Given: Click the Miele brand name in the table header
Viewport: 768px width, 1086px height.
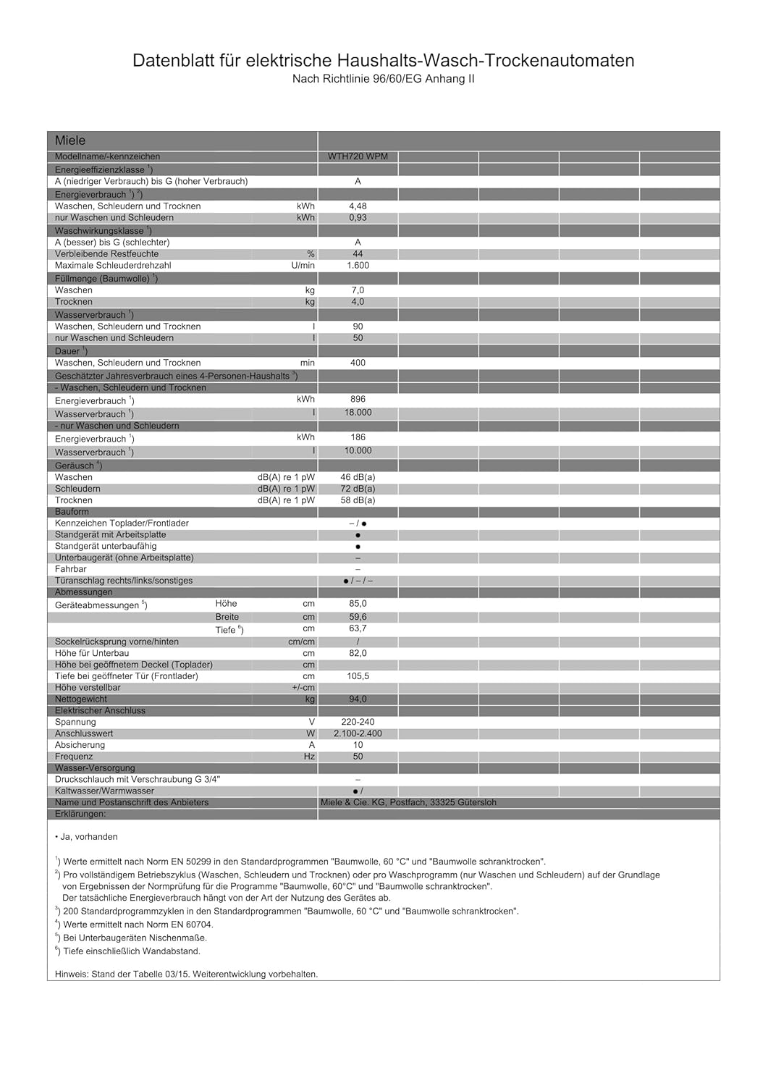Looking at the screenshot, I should [70, 140].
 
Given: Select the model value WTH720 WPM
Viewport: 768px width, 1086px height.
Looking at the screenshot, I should [358, 156].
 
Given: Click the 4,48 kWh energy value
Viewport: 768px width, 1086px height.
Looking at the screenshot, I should [358, 206].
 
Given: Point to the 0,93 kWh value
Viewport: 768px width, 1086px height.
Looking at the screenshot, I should [358, 218].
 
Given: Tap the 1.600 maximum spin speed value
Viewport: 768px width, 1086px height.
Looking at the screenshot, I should [358, 266].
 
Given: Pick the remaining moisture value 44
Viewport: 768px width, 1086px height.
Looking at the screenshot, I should [358, 254].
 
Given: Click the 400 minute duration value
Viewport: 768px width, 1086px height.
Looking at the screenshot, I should [358, 363].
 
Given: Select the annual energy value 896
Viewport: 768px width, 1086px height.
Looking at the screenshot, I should [358, 399].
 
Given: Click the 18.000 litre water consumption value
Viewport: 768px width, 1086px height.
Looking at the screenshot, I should [358, 413].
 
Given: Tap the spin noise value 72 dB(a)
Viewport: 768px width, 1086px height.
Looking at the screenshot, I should [358, 489].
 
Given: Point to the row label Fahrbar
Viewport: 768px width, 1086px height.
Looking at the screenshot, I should [71, 569].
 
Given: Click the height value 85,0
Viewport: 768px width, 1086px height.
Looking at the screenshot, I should [358, 603].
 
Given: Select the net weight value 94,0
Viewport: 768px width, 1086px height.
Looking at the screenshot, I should [358, 699].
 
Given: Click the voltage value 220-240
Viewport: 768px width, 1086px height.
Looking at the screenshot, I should [358, 722].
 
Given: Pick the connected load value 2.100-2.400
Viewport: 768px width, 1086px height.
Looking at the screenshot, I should [358, 733].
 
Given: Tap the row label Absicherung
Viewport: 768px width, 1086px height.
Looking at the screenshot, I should [80, 745].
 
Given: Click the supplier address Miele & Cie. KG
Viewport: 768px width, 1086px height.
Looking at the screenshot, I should [408, 802].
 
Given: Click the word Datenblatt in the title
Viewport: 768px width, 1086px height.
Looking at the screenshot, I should [174, 61].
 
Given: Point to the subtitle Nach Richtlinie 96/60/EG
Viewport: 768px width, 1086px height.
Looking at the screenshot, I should [383, 79].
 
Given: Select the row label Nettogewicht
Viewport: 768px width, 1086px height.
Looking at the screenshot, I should [81, 699].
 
